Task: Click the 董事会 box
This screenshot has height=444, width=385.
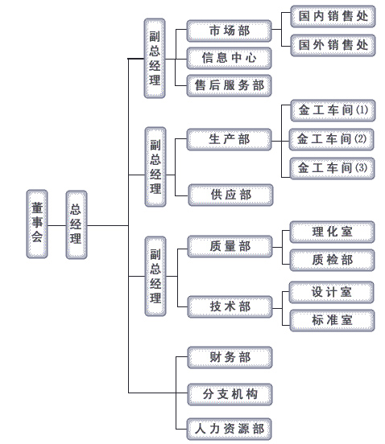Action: point(37,224)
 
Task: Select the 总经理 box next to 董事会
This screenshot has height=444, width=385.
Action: point(77,224)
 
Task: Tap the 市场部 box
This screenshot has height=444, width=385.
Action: point(229,31)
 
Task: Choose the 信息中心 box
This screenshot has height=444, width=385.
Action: point(229,58)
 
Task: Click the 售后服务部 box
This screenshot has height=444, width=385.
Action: point(229,85)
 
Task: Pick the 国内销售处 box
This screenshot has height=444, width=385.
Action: point(333,16)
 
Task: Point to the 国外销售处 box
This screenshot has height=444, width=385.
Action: point(333,45)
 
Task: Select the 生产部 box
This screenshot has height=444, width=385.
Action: point(229,139)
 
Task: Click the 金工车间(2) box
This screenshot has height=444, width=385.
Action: point(331,139)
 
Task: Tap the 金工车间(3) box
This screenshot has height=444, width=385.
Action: point(333,168)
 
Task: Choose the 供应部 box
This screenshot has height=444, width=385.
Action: point(231,195)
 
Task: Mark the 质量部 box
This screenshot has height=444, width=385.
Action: point(230,246)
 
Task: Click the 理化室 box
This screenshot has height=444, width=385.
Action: point(332,232)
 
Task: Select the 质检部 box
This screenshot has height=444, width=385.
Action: point(332,260)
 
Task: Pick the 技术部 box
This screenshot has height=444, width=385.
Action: point(230,306)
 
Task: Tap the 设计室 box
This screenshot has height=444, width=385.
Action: point(331,292)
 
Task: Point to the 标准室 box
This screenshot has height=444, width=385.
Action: point(332,321)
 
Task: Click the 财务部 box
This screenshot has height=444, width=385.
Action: point(230,357)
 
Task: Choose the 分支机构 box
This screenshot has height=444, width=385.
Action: point(230,394)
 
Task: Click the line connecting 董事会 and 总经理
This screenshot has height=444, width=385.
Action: point(56,226)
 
